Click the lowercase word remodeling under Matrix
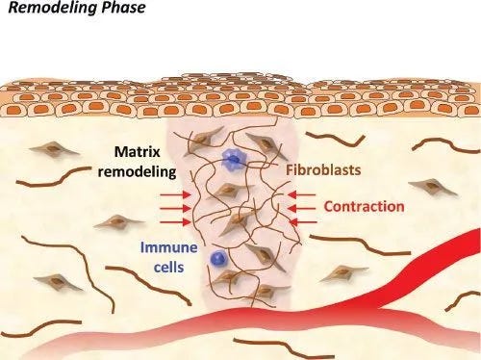(x=136, y=172)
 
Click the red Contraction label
(x=364, y=207)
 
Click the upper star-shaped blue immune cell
(x=230, y=162)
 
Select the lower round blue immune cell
(x=220, y=258)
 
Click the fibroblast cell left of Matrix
(x=49, y=151)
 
